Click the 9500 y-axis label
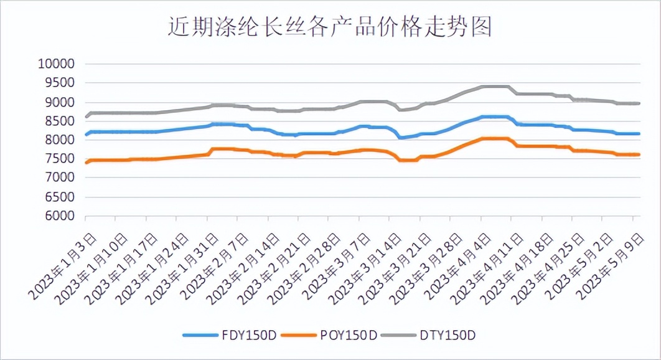pos(60,83)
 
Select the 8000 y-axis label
pos(60,140)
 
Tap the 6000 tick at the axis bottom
pos(60,216)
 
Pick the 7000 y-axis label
pos(60,178)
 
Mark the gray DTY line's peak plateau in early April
pos(495,87)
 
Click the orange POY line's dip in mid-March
pos(408,160)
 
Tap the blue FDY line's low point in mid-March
pos(401,137)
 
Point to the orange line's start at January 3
pos(86,163)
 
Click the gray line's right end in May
pos(639,103)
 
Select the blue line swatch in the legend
pos(198,335)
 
